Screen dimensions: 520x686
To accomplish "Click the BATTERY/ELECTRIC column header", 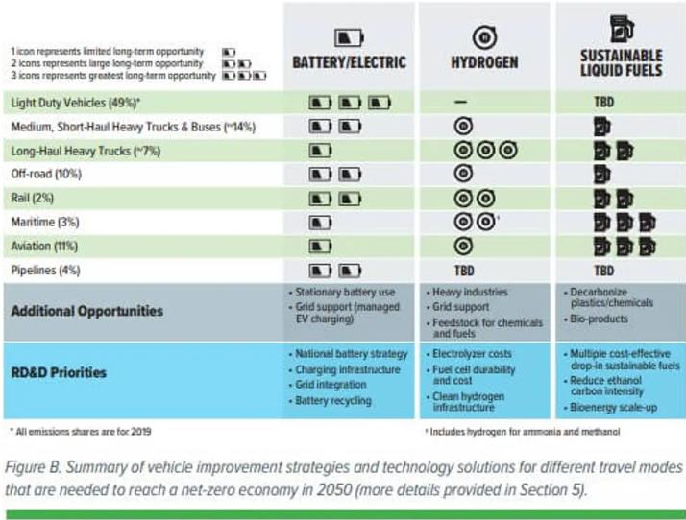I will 349,63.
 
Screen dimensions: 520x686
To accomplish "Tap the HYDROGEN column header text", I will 484,63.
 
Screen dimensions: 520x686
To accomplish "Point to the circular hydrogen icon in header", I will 484,36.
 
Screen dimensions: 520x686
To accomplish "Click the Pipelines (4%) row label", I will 46,270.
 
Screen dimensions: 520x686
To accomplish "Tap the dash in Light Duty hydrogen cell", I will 462,102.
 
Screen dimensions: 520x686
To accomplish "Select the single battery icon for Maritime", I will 320,223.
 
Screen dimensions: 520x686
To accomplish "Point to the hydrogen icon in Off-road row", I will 462,175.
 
